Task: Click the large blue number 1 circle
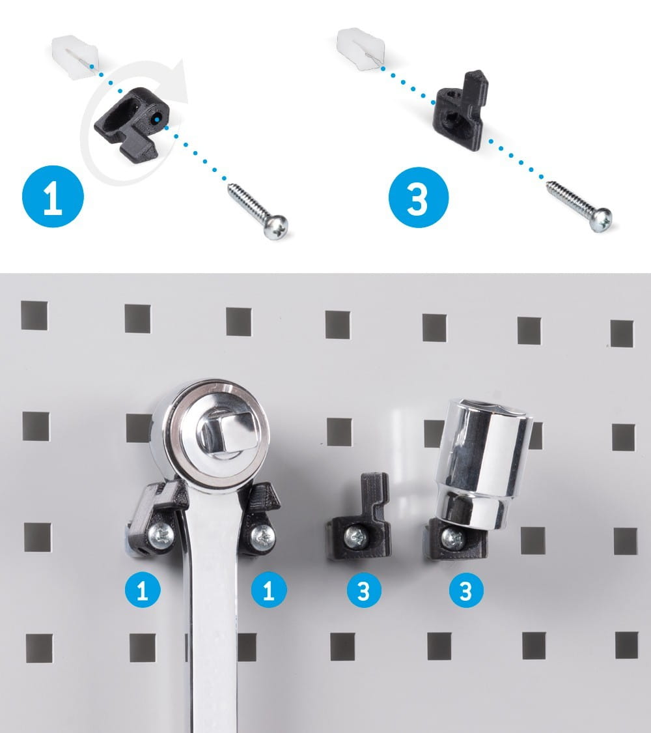point(53,196)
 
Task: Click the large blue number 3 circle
point(418,197)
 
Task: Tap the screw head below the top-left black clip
point(276,226)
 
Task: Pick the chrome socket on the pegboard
point(483,466)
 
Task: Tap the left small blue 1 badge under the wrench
point(143,590)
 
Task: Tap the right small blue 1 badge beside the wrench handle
point(269,590)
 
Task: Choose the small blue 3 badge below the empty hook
point(365,590)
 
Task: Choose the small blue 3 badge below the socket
point(466,590)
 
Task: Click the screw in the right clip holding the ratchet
point(262,538)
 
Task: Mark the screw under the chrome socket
point(453,539)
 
